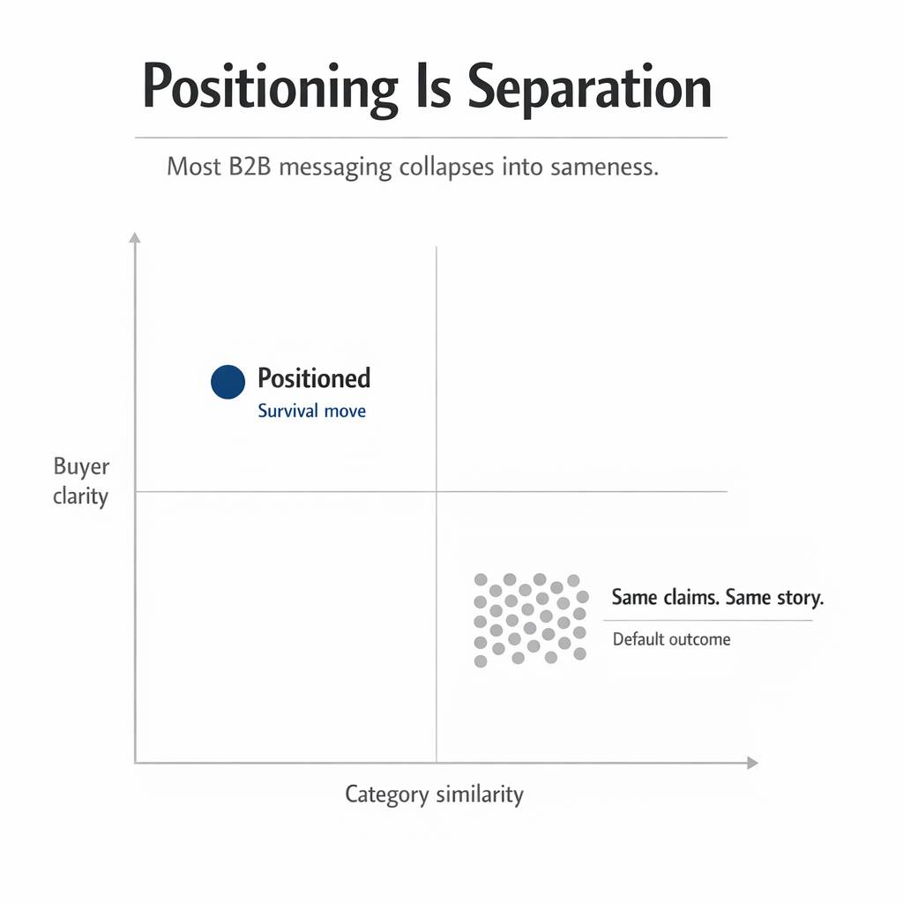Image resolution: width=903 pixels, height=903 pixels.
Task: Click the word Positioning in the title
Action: pos(270,88)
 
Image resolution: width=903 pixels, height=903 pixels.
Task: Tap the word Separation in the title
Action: pos(589,88)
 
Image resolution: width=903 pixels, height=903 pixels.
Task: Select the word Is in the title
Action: pos(433,86)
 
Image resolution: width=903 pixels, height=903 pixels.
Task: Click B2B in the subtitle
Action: pos(250,167)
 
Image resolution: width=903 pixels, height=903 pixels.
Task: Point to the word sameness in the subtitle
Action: pos(604,168)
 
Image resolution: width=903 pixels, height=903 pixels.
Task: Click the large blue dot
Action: pos(228,382)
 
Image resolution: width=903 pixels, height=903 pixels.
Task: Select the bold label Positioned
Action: pos(314,378)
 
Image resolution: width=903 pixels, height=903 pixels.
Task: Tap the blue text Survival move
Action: pos(311,411)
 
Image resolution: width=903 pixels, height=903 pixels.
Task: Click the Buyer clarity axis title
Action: pos(80,481)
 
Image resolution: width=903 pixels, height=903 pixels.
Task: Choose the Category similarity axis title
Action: pos(434,795)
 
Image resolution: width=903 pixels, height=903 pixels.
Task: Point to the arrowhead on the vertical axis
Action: pos(135,237)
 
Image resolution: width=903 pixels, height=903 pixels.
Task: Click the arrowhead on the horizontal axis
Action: pos(752,763)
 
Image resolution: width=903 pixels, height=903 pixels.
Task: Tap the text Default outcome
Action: pos(671,639)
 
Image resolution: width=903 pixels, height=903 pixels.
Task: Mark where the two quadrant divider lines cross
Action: pos(437,492)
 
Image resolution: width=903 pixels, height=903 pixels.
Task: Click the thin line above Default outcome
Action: pos(708,620)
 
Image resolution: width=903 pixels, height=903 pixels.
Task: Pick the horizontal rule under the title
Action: pos(431,138)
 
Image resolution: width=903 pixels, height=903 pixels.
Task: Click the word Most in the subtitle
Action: pos(193,167)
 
